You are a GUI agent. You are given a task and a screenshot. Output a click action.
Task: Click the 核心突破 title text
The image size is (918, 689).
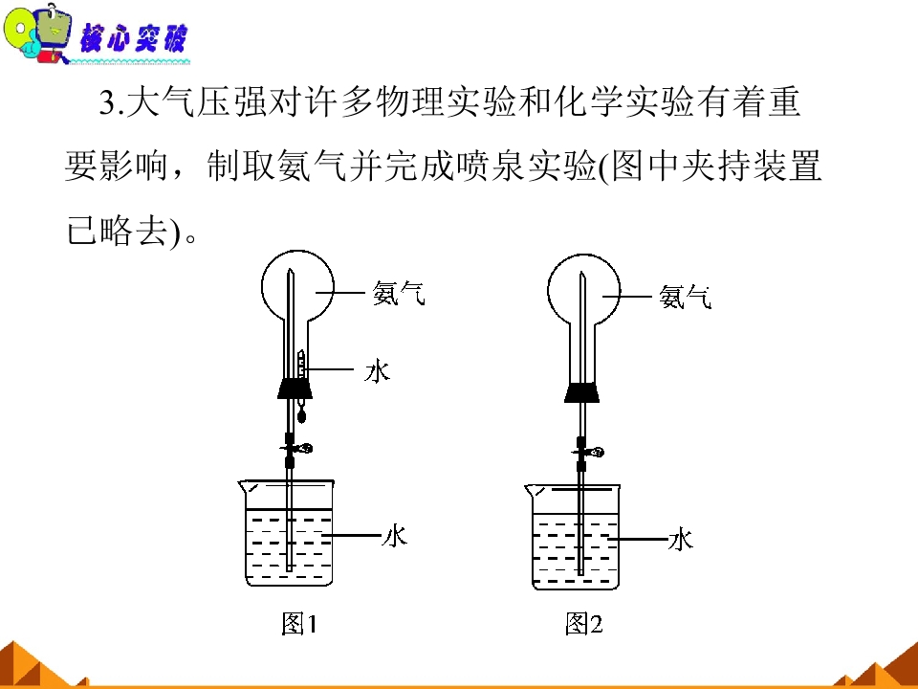[133, 37]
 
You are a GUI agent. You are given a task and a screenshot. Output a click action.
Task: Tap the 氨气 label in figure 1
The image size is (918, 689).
[399, 293]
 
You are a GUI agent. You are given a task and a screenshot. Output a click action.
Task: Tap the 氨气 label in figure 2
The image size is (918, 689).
[685, 297]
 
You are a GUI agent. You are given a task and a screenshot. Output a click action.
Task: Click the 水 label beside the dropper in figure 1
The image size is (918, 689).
[377, 371]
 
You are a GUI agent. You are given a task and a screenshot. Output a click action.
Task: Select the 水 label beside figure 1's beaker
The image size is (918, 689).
[395, 535]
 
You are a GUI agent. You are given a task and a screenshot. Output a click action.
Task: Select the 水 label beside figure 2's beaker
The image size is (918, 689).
[681, 539]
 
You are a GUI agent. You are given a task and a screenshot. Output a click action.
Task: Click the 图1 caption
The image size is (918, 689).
[299, 623]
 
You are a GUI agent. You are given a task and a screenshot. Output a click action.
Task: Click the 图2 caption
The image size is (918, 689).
[584, 623]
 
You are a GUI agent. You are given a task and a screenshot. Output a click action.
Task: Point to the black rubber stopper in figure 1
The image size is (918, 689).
[295, 389]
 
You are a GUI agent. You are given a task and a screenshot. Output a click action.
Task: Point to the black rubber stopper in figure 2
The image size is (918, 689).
[581, 392]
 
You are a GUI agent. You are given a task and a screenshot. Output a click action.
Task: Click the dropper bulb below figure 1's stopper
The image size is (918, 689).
[302, 416]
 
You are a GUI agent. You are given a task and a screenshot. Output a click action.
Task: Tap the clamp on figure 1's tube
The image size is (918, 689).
[296, 449]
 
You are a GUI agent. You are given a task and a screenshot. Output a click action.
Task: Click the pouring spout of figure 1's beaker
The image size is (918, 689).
[246, 486]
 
